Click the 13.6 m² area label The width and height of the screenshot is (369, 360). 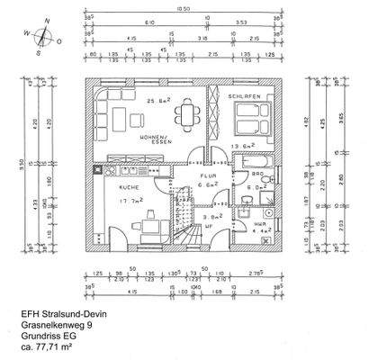pyautogui.click(x=245, y=146)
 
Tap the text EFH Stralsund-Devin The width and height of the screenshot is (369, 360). pyautogui.click(x=64, y=314)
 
